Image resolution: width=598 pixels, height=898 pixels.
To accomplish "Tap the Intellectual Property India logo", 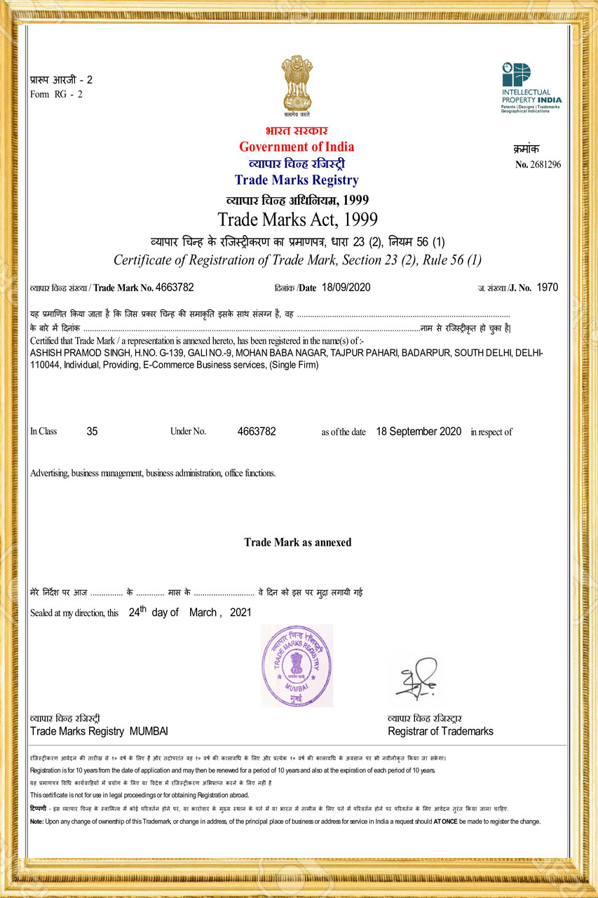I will click(531, 88).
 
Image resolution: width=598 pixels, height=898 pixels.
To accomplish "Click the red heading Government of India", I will click(297, 147).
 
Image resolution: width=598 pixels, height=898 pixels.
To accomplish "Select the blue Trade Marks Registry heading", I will click(297, 180).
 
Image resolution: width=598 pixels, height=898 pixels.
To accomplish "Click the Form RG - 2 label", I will click(57, 95).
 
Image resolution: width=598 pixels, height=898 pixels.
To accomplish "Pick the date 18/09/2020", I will click(346, 288).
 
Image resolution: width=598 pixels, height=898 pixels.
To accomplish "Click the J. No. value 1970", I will click(547, 288).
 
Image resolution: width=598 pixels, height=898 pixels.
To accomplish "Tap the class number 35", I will click(92, 431).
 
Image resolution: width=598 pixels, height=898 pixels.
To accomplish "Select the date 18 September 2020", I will click(419, 431).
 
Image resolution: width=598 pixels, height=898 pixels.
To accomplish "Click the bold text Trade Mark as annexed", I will click(297, 542).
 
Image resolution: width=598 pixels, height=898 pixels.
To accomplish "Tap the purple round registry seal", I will click(297, 665).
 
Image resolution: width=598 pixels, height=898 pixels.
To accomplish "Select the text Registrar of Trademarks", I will click(440, 731).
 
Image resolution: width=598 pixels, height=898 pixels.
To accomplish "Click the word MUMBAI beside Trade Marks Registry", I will click(149, 731).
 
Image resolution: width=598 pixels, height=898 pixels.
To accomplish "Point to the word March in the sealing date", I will click(203, 612).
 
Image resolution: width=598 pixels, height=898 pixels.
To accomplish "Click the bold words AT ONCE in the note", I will click(445, 822).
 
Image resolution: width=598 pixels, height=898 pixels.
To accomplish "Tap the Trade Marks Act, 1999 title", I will click(297, 219).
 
